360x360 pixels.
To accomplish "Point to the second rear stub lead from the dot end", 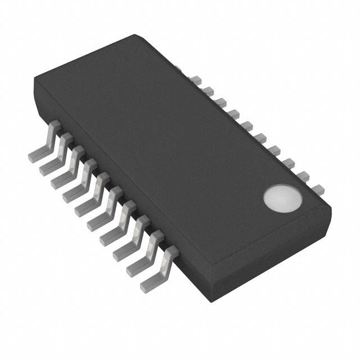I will (x=303, y=175).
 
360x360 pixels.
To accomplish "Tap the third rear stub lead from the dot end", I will (x=289, y=163).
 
